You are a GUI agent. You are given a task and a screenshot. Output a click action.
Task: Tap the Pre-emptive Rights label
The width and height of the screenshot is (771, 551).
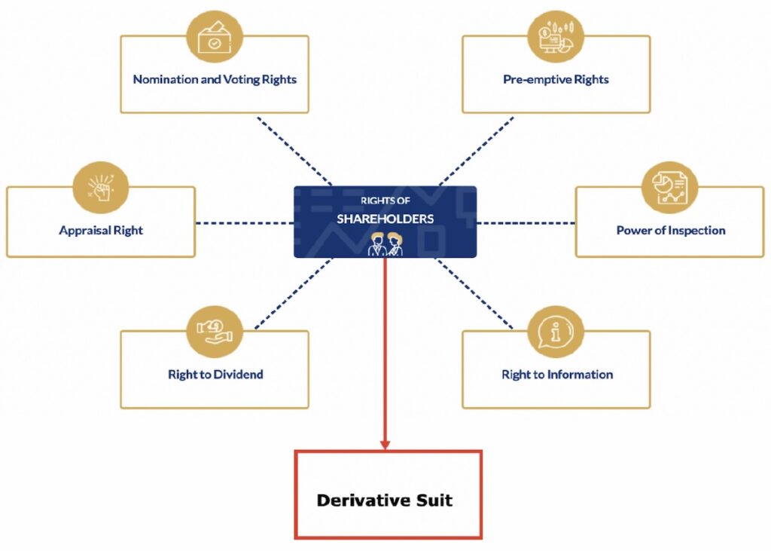(x=556, y=79)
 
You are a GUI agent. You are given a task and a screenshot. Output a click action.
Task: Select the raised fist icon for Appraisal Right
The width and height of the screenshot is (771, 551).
(x=100, y=187)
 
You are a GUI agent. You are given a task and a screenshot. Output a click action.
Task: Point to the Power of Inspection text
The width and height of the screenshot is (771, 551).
(x=671, y=231)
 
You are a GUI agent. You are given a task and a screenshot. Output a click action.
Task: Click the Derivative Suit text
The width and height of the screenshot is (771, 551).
(x=385, y=500)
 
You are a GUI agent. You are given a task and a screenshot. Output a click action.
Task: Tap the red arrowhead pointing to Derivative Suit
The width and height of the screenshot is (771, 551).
(x=385, y=445)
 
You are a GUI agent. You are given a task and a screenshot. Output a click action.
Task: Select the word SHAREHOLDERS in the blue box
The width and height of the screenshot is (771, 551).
(x=385, y=219)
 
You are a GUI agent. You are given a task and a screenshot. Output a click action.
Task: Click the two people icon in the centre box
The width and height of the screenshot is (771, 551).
(x=385, y=244)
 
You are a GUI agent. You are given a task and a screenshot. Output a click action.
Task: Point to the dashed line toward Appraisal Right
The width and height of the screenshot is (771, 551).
(x=245, y=223)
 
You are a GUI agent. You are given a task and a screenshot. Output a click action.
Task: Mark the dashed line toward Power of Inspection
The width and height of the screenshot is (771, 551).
(x=526, y=223)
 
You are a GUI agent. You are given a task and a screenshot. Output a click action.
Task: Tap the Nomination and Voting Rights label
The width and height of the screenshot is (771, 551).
(x=215, y=79)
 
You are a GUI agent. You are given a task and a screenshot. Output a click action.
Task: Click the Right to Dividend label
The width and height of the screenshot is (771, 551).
(x=215, y=375)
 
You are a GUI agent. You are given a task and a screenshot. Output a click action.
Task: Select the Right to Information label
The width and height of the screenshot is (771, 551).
(x=557, y=375)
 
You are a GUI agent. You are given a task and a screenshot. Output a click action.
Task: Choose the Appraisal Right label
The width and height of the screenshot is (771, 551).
(x=101, y=231)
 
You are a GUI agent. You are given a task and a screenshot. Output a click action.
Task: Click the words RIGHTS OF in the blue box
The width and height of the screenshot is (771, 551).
(x=385, y=201)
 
